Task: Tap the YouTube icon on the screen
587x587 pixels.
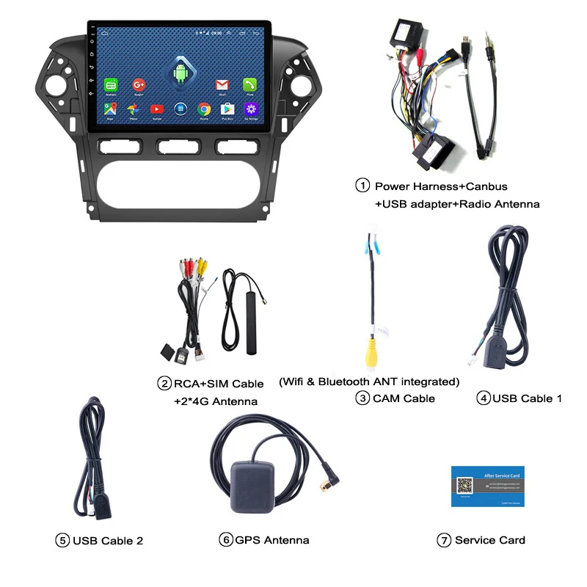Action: pyautogui.click(x=156, y=109)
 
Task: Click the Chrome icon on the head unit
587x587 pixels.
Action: pyautogui.click(x=204, y=109)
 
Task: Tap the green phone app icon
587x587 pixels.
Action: pyautogui.click(x=250, y=85)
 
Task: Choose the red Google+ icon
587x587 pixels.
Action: pyautogui.click(x=139, y=85)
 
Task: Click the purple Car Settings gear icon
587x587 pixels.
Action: pyautogui.click(x=251, y=109)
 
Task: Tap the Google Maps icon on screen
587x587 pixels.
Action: pyautogui.click(x=111, y=109)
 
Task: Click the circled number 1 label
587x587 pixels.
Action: pyautogui.click(x=362, y=186)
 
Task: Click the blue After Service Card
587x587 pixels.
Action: pyautogui.click(x=487, y=485)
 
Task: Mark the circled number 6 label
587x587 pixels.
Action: pyautogui.click(x=225, y=540)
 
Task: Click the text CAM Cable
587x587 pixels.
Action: pyautogui.click(x=404, y=398)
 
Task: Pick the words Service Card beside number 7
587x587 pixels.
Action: pyautogui.click(x=490, y=540)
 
